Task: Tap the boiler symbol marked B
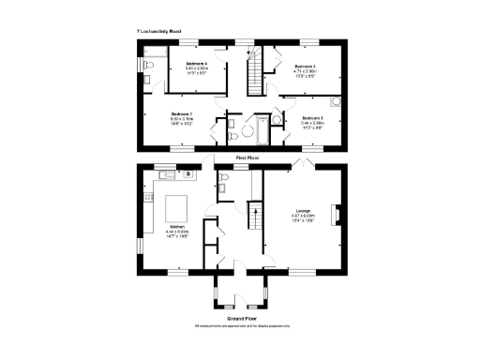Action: (188, 174)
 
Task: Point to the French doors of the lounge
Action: (303, 164)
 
